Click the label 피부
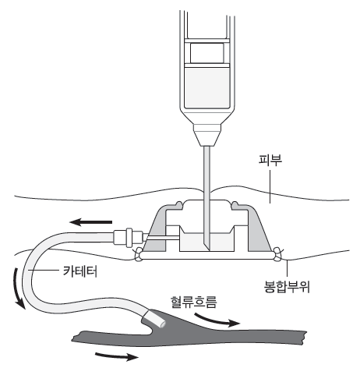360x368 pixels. pyautogui.click(x=270, y=160)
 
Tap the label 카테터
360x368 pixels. pyautogui.click(x=80, y=271)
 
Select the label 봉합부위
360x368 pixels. pyautogui.click(x=287, y=287)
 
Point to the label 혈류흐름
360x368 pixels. pyautogui.click(x=193, y=302)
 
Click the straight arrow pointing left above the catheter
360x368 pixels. pyautogui.click(x=90, y=222)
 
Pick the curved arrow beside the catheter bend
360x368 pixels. pyautogui.click(x=18, y=288)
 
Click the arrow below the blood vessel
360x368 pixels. pyautogui.click(x=117, y=356)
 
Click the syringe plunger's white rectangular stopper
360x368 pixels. pyautogui.click(x=207, y=53)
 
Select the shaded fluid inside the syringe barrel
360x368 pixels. pyautogui.click(x=207, y=87)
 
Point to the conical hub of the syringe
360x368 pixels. pyautogui.click(x=207, y=135)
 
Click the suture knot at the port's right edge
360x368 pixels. pyautogui.click(x=277, y=254)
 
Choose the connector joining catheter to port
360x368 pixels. pyautogui.click(x=129, y=237)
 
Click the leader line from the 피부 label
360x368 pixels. pyautogui.click(x=270, y=186)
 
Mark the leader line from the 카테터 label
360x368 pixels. pyautogui.click(x=44, y=271)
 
